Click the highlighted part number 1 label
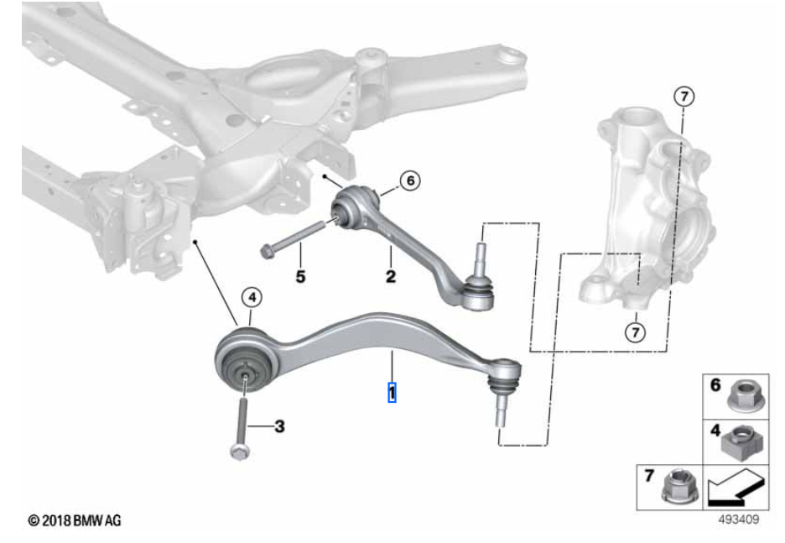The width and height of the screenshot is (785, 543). pos(392,392)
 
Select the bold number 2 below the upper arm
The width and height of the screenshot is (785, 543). pos(391,276)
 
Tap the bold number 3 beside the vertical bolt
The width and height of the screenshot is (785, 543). pos(279,426)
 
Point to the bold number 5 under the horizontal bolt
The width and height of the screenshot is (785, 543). pos(300,276)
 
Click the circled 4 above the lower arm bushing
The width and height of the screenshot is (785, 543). pos(252,298)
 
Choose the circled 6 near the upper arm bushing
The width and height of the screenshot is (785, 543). pos(410,180)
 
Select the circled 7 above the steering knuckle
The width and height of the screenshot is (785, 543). pos(684,97)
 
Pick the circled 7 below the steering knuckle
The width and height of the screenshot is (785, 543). pos(636,332)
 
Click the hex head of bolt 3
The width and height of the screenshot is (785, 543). pos(239,452)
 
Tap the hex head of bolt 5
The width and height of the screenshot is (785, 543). pos(267,250)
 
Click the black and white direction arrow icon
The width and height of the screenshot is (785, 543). pos(736,488)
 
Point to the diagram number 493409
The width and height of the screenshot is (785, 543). pos(738,520)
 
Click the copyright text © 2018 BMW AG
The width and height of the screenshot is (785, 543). pos(75,520)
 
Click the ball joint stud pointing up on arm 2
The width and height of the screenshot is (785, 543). pos(480,257)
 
